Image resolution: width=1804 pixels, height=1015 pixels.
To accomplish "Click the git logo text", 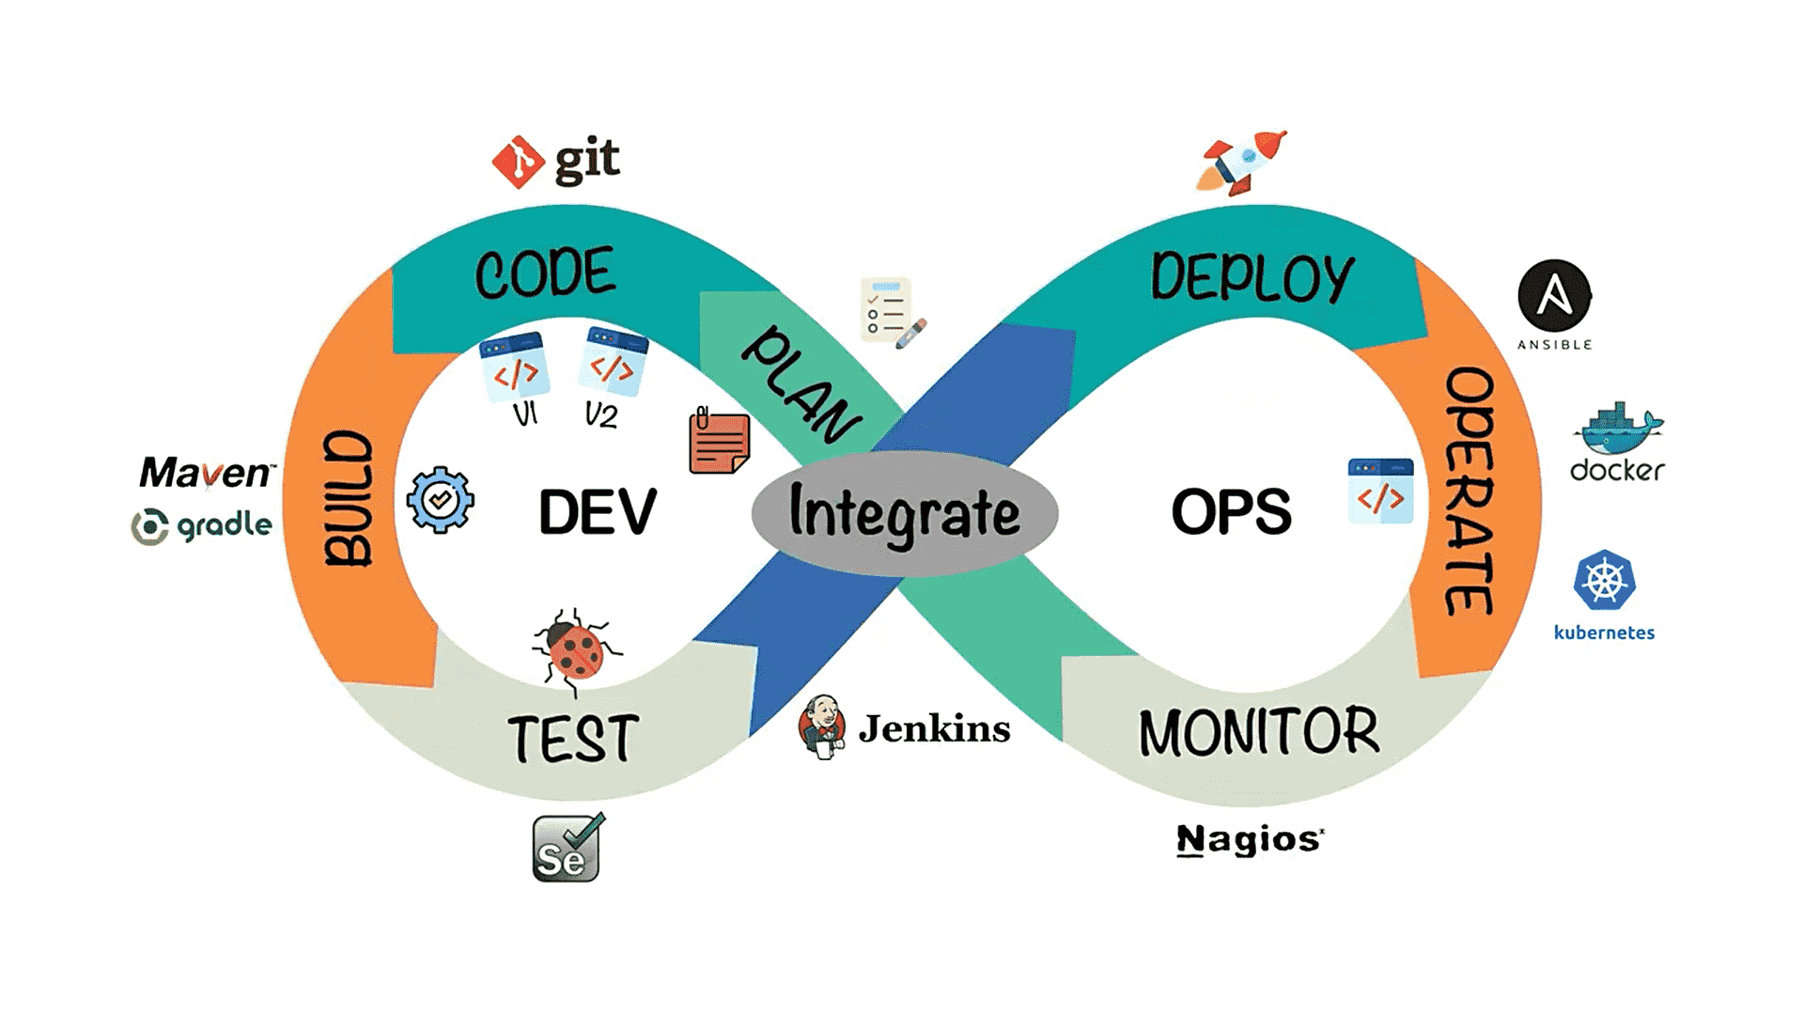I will coord(586,160).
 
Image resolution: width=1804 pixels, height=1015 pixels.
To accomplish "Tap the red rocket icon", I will coord(1242,162).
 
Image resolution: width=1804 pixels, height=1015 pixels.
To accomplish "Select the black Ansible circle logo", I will coord(1554,296).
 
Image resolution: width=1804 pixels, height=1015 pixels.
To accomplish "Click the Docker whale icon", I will coord(1617,429).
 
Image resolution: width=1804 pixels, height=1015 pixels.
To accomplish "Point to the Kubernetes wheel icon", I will coord(1604,580).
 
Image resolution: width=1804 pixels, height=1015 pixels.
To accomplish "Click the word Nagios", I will coord(1250,838).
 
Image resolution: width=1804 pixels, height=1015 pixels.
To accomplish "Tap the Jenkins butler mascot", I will coord(822,726).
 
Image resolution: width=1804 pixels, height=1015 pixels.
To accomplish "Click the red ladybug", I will coord(575,648).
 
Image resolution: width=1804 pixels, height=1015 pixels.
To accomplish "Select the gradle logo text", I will coord(224,524).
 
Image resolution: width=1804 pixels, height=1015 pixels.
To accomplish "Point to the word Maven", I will coord(207,472).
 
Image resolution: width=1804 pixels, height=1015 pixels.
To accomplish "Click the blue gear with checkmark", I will coord(440,500).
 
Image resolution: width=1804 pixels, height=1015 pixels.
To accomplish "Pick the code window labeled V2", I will coord(614,362).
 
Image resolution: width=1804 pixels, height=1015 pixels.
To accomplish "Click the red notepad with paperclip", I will coord(719,441).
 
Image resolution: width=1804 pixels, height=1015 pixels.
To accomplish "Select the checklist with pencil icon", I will coord(891,312).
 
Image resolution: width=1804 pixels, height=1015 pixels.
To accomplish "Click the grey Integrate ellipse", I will coord(904,513).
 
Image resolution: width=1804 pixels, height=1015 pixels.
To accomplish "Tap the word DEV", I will coord(598,512).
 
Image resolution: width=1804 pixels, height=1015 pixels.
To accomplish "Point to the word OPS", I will coord(1231,512).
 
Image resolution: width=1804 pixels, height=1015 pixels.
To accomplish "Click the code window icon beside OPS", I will coord(1380,491).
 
